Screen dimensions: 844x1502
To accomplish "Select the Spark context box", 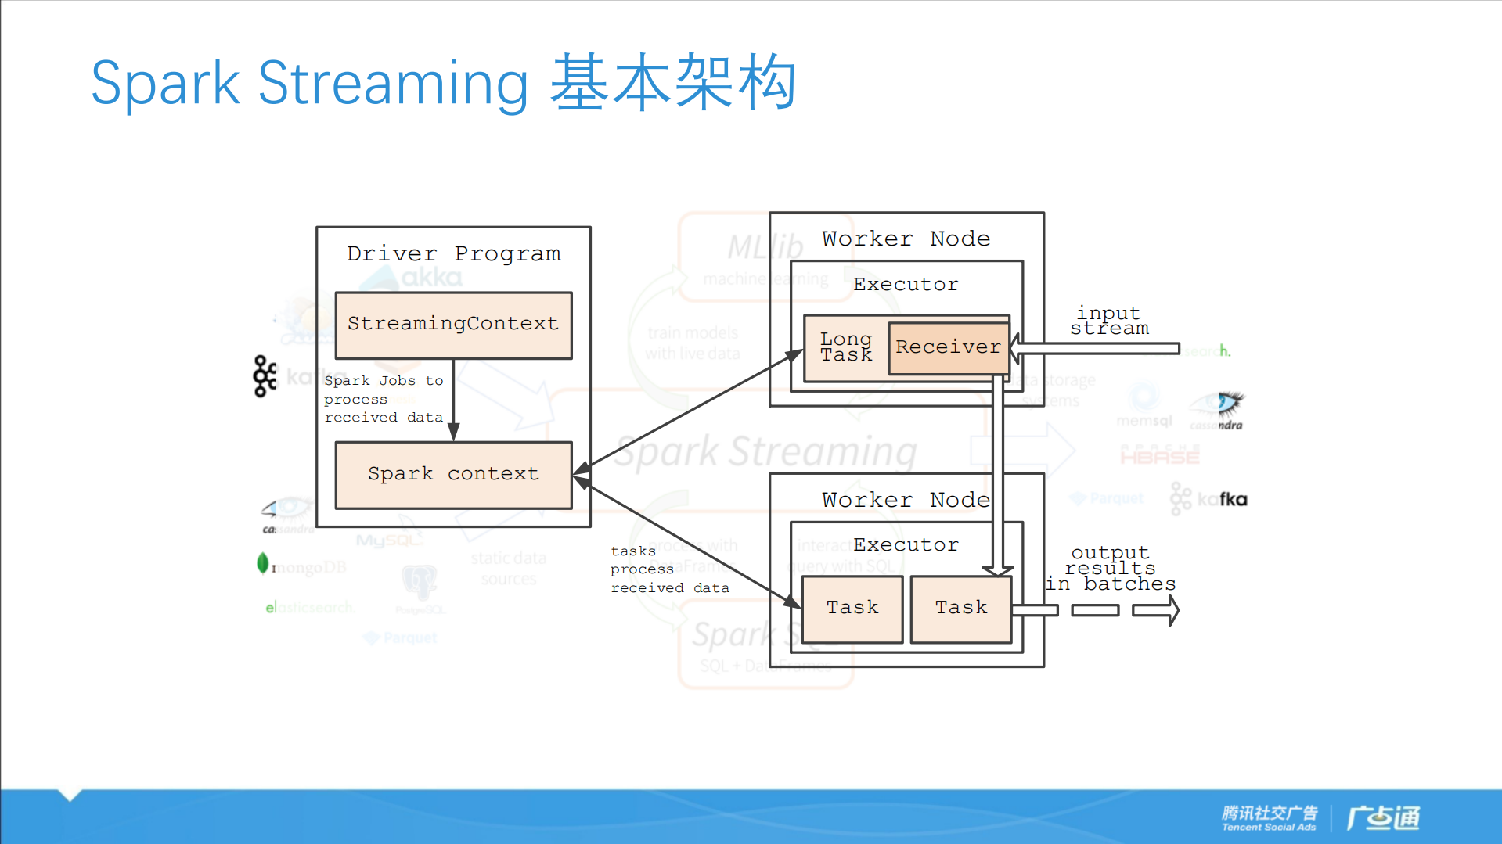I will [x=453, y=475].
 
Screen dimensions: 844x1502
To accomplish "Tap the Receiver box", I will [x=949, y=347].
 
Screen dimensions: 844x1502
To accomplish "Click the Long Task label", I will [x=845, y=347].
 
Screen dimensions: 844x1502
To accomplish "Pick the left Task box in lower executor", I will [x=852, y=609].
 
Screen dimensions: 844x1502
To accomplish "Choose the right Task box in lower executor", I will [x=961, y=609].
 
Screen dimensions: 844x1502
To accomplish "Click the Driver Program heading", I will [x=453, y=254].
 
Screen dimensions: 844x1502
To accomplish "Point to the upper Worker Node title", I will [x=906, y=239].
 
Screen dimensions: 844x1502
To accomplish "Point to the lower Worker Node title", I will [x=906, y=500].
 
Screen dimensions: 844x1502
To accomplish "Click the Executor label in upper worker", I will [x=906, y=285].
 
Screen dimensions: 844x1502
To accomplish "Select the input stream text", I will [x=1109, y=321].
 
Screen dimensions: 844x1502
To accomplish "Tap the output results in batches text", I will [x=1111, y=569].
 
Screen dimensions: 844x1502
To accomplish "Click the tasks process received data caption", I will [x=669, y=569].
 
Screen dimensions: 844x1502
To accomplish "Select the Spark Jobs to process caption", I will [x=384, y=399].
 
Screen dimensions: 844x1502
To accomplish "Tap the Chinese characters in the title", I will [x=673, y=83].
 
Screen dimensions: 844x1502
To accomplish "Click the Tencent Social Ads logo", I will [x=1270, y=817].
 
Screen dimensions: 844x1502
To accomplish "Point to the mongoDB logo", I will [x=303, y=566].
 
